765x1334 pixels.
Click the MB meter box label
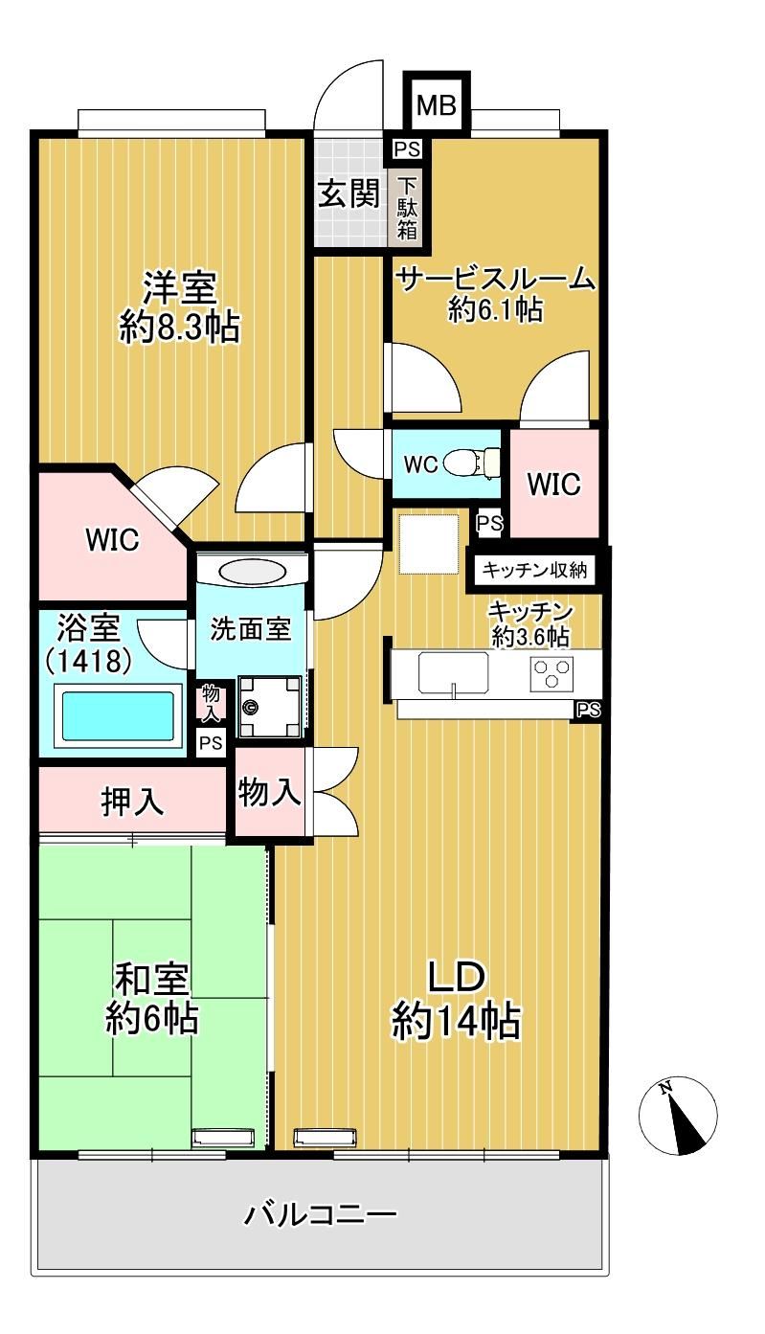coord(437,105)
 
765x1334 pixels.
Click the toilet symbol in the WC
coord(473,463)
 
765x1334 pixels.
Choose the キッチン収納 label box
coord(534,571)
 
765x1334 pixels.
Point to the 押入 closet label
coord(132,802)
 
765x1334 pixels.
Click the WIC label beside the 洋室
coord(112,539)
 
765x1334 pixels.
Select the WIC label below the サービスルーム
coord(553,484)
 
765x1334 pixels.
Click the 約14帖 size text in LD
coord(456,1022)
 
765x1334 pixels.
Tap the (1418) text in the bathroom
coord(89,661)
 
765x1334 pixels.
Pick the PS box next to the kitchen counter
coord(587,711)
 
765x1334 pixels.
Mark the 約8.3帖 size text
coord(180,327)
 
